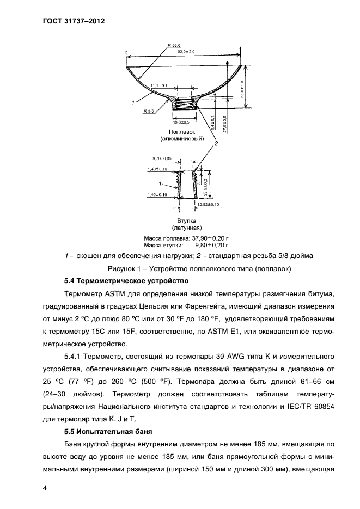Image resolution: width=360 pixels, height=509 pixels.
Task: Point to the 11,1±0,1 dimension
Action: [x=158, y=85]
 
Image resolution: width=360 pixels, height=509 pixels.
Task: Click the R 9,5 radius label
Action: [x=149, y=111]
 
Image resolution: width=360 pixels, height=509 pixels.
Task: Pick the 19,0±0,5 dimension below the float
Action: [x=185, y=122]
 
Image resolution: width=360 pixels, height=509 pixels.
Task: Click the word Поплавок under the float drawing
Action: [x=182, y=132]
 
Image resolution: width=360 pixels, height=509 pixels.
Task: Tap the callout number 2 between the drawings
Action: [x=215, y=144]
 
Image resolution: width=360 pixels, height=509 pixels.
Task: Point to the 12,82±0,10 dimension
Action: [x=208, y=204]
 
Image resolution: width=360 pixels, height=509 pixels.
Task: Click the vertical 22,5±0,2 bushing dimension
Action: [x=205, y=183]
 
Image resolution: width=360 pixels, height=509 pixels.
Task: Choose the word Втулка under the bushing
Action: [x=181, y=221]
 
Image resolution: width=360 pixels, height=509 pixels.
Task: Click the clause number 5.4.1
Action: [x=75, y=357]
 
